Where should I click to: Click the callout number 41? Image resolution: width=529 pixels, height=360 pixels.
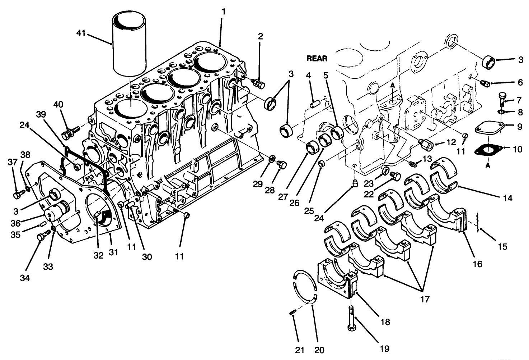pos(81,33)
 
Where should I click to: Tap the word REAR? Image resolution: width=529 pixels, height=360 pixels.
pos(317,58)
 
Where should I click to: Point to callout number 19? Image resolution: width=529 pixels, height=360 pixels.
pos(384,348)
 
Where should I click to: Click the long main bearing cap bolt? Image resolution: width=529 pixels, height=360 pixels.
pos(351,316)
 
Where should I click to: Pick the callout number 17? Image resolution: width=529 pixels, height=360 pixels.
pos(425,299)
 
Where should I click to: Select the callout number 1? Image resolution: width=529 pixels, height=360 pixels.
pos(223,12)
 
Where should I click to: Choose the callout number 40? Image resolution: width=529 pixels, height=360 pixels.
pos(58,104)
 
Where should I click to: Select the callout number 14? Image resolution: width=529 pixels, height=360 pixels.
pos(507,197)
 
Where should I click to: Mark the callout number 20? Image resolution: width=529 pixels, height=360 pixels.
pos(319,350)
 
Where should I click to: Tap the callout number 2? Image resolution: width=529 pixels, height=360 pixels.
pos(260,36)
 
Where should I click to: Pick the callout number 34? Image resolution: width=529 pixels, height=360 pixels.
pos(25,278)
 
